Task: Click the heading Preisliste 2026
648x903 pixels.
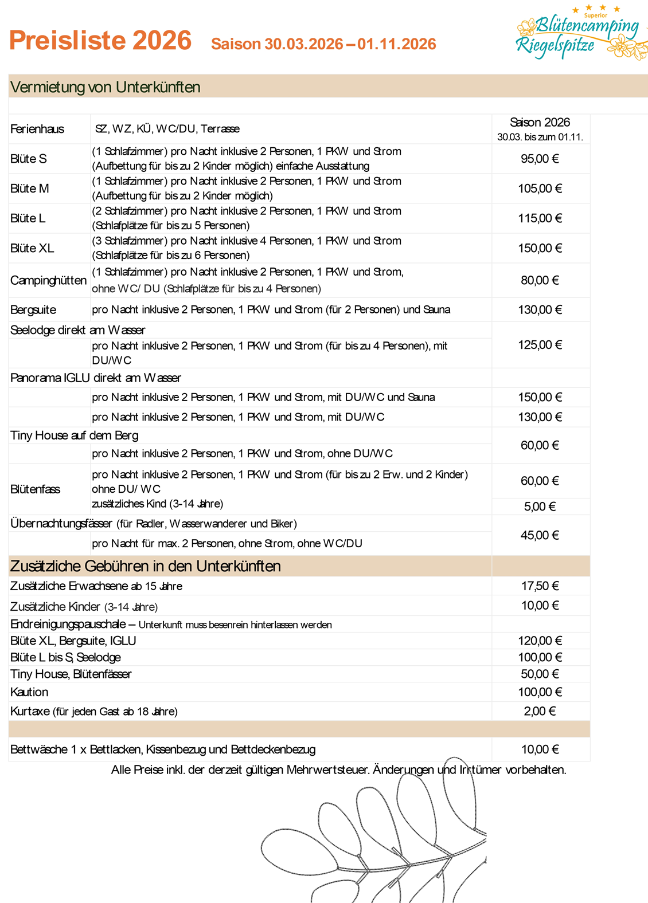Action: [x=100, y=41]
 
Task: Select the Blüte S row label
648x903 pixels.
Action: [x=29, y=159]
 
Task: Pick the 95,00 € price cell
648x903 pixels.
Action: [x=540, y=159]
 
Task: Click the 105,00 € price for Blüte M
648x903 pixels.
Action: [x=540, y=189]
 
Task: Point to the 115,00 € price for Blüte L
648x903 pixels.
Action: [x=540, y=218]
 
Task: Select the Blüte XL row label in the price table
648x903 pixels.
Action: [x=32, y=248]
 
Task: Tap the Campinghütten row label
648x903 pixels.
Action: [x=48, y=280]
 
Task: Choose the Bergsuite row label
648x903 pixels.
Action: [x=33, y=310]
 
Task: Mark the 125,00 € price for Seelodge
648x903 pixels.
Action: [x=540, y=345]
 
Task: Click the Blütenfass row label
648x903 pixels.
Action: [x=35, y=489]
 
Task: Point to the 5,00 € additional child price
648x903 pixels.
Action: [x=540, y=507]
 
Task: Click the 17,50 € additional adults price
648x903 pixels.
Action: [x=540, y=586]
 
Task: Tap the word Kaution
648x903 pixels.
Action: [x=29, y=692]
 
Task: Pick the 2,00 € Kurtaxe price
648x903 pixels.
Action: [x=540, y=711]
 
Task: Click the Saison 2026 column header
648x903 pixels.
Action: [x=540, y=123]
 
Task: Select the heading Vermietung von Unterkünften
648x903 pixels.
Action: [x=106, y=87]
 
